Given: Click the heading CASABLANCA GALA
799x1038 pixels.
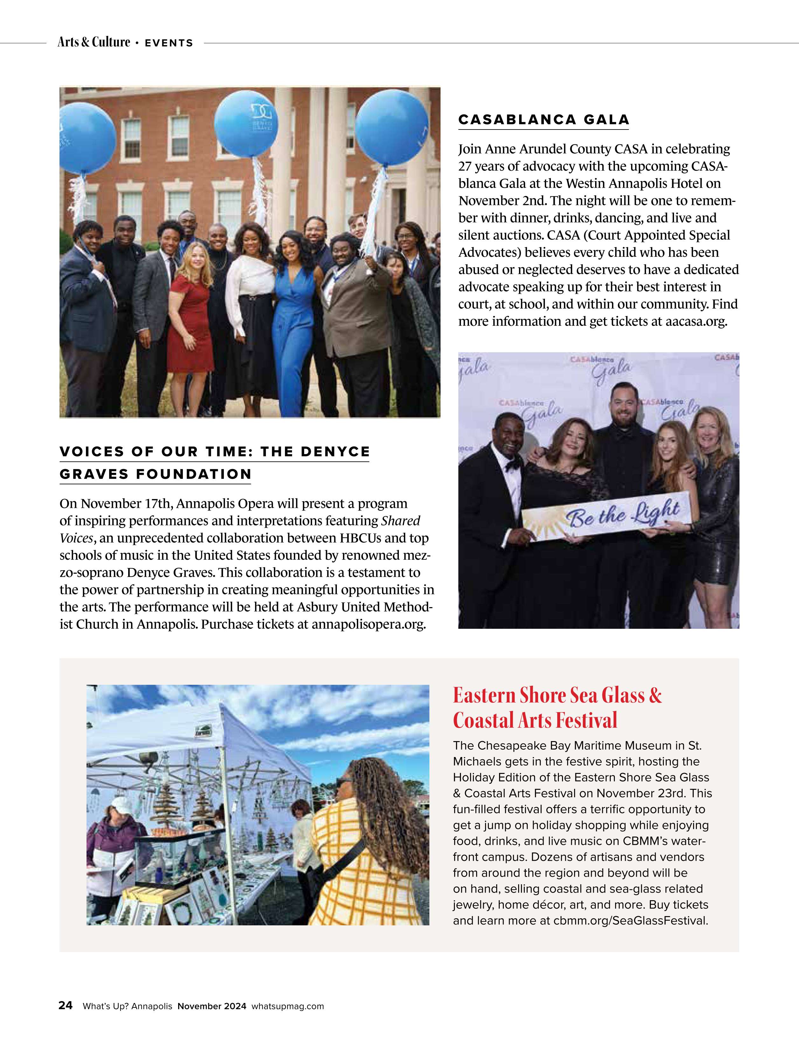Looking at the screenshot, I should tap(544, 119).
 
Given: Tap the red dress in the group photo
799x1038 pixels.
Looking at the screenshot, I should tap(190, 323).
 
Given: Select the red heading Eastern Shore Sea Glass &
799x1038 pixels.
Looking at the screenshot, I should tap(557, 695).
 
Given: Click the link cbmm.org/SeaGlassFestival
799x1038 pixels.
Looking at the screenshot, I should tap(630, 921).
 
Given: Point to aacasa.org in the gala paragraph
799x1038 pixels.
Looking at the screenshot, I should tap(696, 322).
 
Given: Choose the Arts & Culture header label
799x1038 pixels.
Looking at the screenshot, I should tap(94, 42).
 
